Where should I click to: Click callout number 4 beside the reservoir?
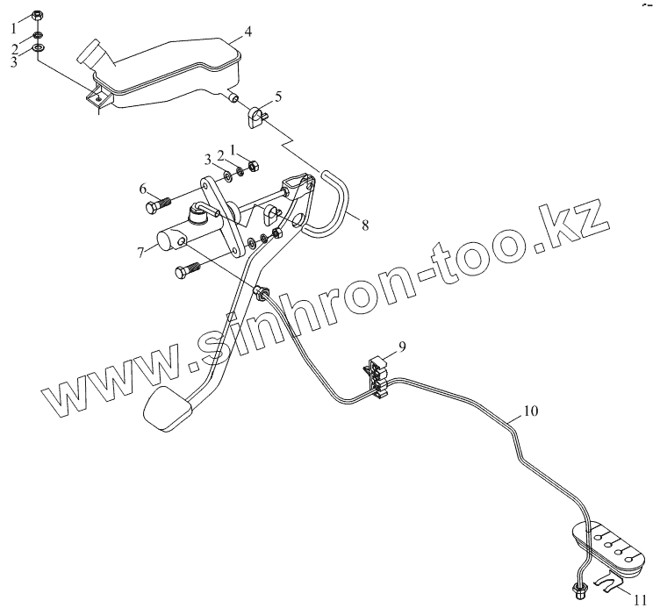pos(248,32)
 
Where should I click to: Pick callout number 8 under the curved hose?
pos(364,225)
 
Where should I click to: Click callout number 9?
pos(402,347)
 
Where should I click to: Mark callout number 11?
pos(641,600)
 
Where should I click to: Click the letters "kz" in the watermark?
pos(575,219)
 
